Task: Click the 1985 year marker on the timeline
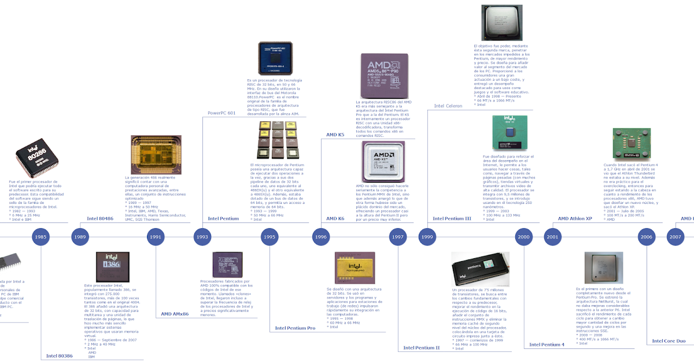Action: (x=40, y=237)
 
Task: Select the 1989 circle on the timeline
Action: (x=80, y=237)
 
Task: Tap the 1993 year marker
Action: (x=202, y=237)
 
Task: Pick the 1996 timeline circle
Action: (x=321, y=237)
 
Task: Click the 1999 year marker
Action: (x=427, y=237)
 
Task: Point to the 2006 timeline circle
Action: (x=647, y=237)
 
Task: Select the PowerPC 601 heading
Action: (x=222, y=112)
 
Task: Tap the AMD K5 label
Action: (x=335, y=135)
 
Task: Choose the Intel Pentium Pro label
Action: (x=295, y=328)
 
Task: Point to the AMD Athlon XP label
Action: (x=575, y=219)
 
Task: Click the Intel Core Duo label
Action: (x=669, y=341)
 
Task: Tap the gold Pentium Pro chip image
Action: (x=350, y=269)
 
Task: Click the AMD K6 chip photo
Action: (x=383, y=162)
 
